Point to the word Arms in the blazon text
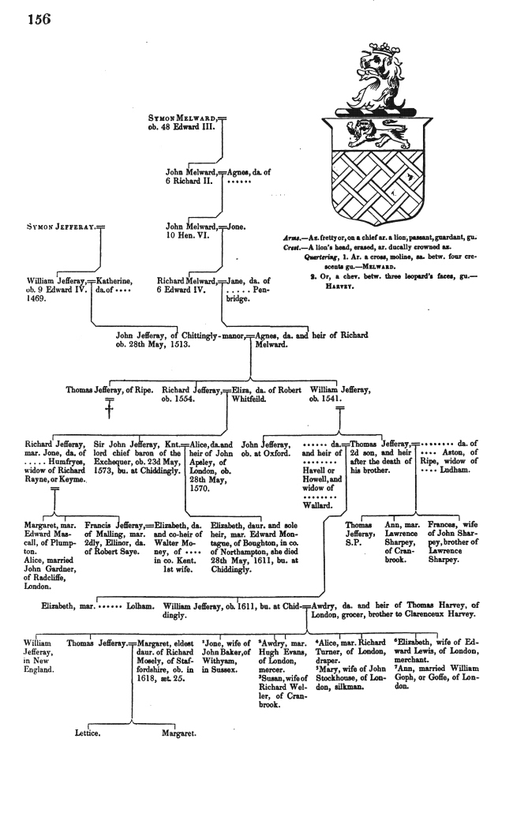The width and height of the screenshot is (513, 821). pos(292,237)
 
